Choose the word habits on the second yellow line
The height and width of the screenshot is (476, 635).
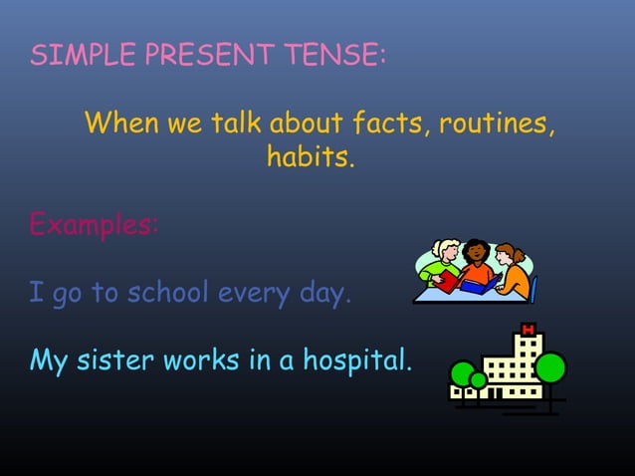(x=310, y=157)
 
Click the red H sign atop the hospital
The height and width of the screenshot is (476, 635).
(x=528, y=330)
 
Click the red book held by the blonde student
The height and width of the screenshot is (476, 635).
(x=449, y=283)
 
